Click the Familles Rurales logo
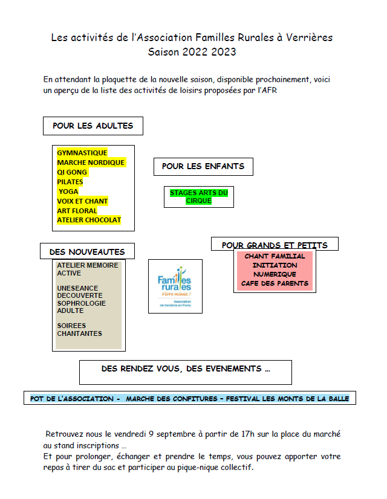click(175, 286)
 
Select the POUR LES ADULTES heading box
click(93, 126)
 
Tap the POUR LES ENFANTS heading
click(203, 166)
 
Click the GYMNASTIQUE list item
click(82, 153)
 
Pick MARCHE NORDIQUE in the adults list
click(91, 163)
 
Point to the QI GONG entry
click(72, 172)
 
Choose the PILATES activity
click(70, 182)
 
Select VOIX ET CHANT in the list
click(82, 201)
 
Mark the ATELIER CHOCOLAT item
click(89, 221)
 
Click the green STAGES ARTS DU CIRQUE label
click(199, 197)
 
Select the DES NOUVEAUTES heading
click(87, 251)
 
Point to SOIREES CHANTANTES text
click(79, 330)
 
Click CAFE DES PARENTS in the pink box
click(275, 283)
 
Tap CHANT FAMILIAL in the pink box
click(275, 256)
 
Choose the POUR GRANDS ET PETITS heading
click(275, 245)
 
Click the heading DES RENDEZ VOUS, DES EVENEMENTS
click(185, 369)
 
